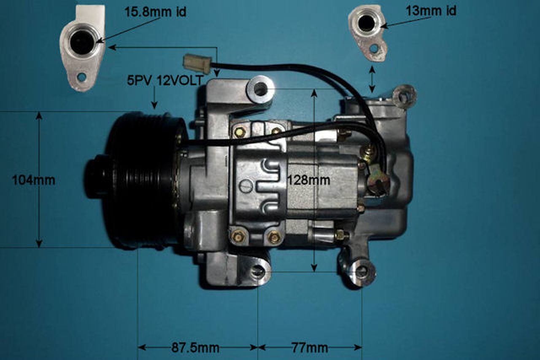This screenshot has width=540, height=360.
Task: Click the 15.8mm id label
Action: pyautogui.click(x=155, y=12)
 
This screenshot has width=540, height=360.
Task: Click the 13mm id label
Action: pyautogui.click(x=431, y=11)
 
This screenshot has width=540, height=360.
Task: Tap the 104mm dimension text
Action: pyautogui.click(x=34, y=180)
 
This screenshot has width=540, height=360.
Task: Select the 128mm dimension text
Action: pyautogui.click(x=308, y=180)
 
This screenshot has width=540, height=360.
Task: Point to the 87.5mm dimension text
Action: pyautogui.click(x=195, y=348)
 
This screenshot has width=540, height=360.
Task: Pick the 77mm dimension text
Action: pyautogui.click(x=310, y=348)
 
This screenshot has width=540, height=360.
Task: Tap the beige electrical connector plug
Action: pyautogui.click(x=197, y=63)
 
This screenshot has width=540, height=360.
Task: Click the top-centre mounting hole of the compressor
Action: pyautogui.click(x=260, y=89)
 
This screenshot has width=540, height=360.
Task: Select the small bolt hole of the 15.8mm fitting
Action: pyautogui.click(x=81, y=77)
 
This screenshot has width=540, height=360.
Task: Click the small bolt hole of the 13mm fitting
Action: pyautogui.click(x=374, y=48)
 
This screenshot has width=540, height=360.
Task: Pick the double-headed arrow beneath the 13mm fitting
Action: pyautogui.click(x=372, y=79)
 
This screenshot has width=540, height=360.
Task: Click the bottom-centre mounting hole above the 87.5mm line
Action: pyautogui.click(x=258, y=272)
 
